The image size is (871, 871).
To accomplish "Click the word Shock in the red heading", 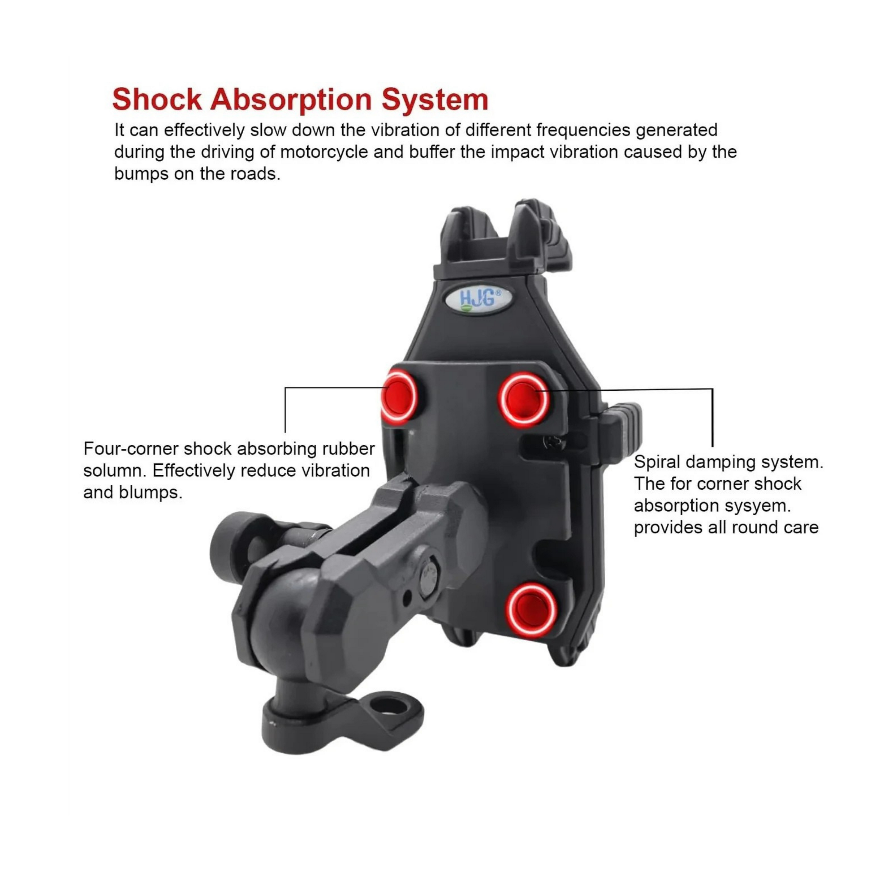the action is click(x=157, y=99).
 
